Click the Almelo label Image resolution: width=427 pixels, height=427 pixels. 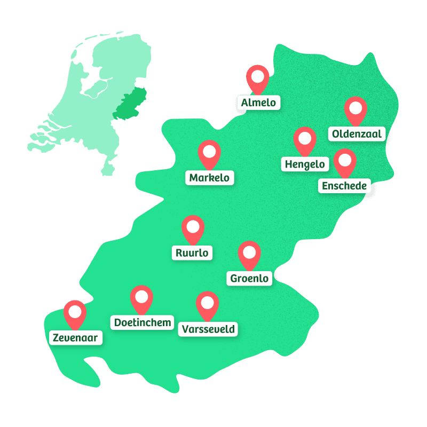259,102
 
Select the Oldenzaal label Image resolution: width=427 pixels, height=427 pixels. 357,134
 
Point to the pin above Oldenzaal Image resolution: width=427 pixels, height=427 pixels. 355,109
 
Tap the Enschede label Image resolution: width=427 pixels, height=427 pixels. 344,186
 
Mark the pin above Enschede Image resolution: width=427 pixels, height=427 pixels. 345,160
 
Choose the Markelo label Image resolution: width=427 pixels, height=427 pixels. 210,178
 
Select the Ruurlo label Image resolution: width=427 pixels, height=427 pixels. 192,252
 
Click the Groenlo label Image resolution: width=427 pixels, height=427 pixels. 249,278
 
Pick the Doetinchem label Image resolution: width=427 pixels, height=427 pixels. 143,322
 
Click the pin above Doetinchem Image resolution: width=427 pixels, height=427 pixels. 141,297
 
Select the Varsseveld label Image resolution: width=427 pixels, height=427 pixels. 208,329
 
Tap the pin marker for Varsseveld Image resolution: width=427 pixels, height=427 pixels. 207,303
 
